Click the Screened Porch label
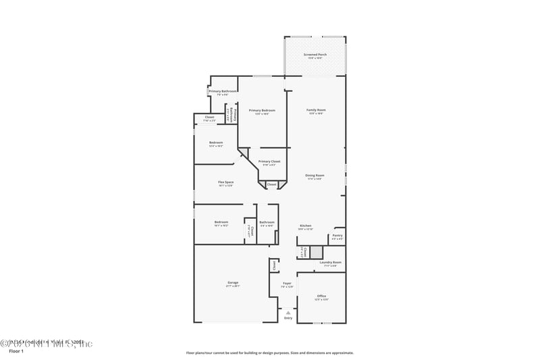pos(315,55)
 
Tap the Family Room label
pos(316,111)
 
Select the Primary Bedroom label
pos(262,111)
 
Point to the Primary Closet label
pos(269,162)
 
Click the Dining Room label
pos(315,176)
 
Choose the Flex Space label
pos(225,183)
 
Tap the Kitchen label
pos(305,226)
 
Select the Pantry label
pos(337,236)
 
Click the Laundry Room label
pos(330,263)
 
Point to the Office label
pos(321,297)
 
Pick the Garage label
pos(232,283)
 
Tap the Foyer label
pos(287,284)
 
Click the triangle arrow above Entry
pos(288,313)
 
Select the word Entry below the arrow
pos(288,317)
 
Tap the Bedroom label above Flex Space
pos(216,143)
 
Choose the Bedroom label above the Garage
pos(221,222)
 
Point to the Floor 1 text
pos(16,351)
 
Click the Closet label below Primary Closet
pos(271,184)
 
